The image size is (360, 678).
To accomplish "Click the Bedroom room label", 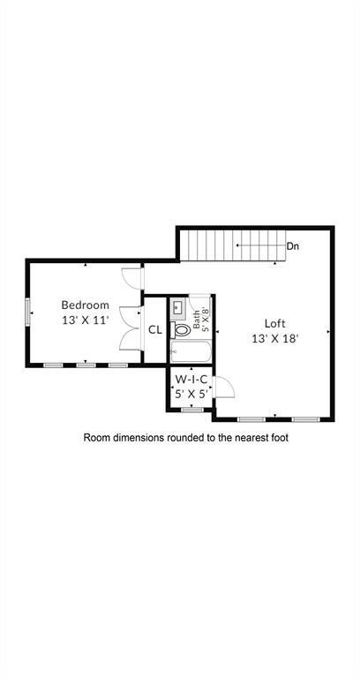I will pyautogui.click(x=85, y=305).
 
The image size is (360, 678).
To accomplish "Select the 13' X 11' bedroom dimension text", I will pyautogui.click(x=85, y=320).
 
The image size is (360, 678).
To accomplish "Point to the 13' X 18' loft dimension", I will pyautogui.click(x=275, y=338).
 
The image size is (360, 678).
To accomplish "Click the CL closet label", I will pyautogui.click(x=154, y=330).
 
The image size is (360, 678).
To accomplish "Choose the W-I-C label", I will pyautogui.click(x=191, y=380).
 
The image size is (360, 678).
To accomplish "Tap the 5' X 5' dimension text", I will pyautogui.click(x=191, y=395).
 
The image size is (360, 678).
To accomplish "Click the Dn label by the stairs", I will pyautogui.click(x=292, y=246).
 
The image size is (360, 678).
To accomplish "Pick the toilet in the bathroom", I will pyautogui.click(x=182, y=330).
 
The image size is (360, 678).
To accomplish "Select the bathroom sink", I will pyautogui.click(x=177, y=308).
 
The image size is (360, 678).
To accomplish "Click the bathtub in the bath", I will pyautogui.click(x=189, y=352).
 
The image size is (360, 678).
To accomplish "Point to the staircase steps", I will pyautogui.click(x=231, y=245).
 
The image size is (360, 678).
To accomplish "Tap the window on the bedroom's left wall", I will pyautogui.click(x=28, y=312).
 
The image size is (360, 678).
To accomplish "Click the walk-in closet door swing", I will pyautogui.click(x=221, y=386).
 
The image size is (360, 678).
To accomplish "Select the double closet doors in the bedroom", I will pyautogui.click(x=131, y=328).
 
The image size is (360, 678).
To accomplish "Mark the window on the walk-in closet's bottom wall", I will pyautogui.click(x=191, y=410).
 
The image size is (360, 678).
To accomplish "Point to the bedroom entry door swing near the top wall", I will pyautogui.click(x=131, y=277).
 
